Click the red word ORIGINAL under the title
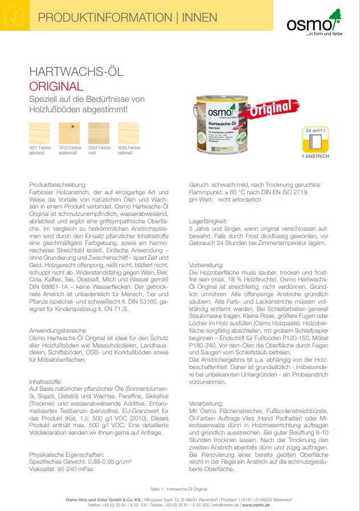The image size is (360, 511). (x=56, y=87)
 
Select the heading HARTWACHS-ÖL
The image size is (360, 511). (x=76, y=72)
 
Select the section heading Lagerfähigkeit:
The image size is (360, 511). (x=208, y=221)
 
